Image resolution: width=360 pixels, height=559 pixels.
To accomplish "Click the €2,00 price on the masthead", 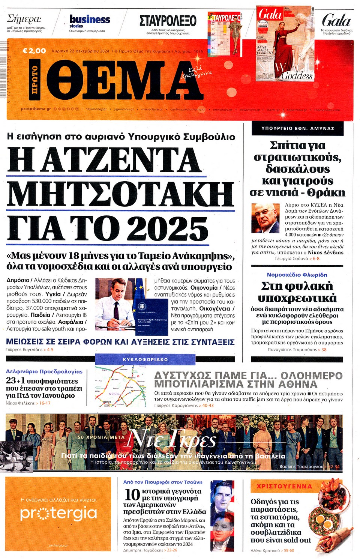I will point(34,51).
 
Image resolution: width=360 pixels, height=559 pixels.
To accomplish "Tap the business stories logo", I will point(90,21).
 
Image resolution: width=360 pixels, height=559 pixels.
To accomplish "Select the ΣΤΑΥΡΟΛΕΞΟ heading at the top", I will point(168,21).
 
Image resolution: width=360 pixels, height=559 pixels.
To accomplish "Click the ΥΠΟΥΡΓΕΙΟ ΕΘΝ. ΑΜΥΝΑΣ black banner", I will point(297,128).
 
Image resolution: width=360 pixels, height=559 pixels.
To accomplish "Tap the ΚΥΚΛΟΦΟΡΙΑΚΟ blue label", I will point(145,359).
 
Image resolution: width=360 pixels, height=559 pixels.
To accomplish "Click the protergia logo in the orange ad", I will point(58,513).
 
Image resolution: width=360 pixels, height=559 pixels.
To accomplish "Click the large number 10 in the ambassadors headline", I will point(132,495).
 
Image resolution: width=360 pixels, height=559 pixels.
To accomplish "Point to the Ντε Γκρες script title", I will point(172,439).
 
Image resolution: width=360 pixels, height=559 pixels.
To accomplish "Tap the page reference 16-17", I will point(45,403).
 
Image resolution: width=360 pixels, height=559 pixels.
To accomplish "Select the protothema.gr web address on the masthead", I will point(36,109).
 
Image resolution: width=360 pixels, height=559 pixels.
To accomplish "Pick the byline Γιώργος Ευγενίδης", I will point(24,350).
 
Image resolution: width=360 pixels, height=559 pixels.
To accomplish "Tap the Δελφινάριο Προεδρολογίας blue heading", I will point(44,371).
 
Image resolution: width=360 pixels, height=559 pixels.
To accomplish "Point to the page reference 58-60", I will point(289,550).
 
